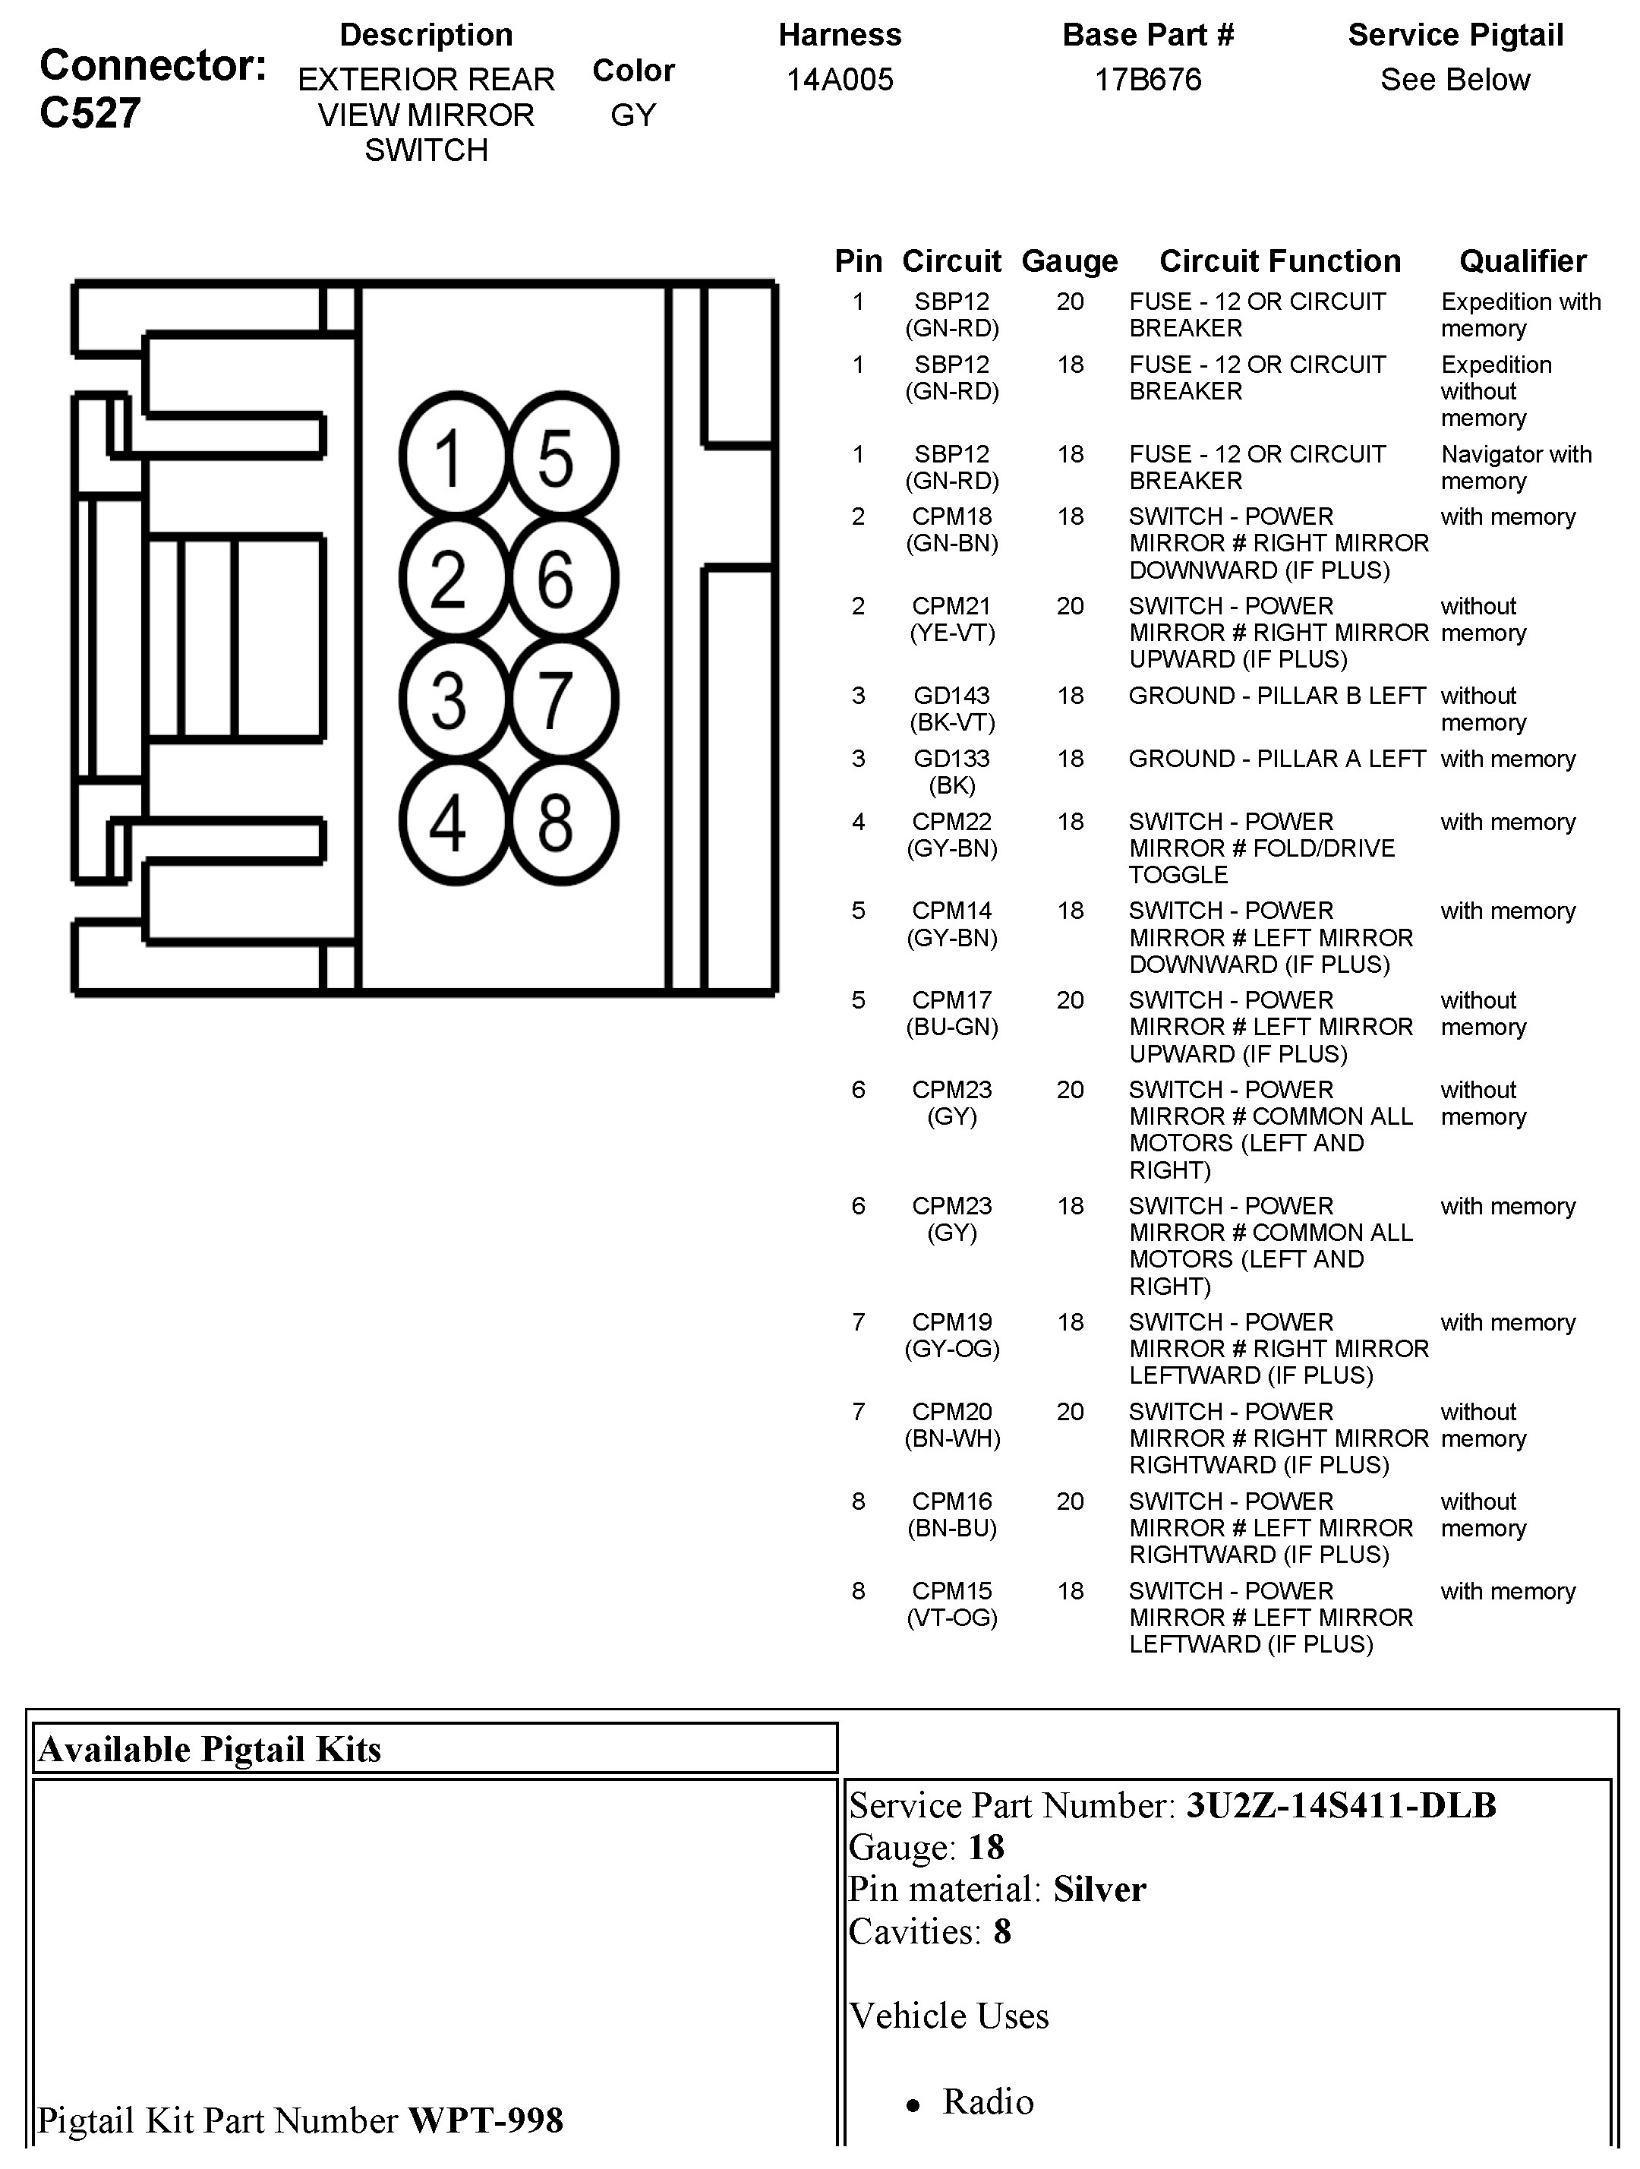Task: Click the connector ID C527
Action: pyautogui.click(x=90, y=114)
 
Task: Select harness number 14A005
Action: pyautogui.click(x=839, y=80)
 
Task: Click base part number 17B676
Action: pyautogui.click(x=1147, y=80)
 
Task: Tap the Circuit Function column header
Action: pyautogui.click(x=1279, y=260)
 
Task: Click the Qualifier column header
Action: pyautogui.click(x=1522, y=260)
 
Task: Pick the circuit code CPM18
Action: pyautogui.click(x=952, y=516)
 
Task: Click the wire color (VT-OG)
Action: pyautogui.click(x=952, y=1617)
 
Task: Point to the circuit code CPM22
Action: pyautogui.click(x=952, y=821)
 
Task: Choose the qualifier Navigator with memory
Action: pyautogui.click(x=1515, y=468)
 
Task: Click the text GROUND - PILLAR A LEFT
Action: pyautogui.click(x=1276, y=758)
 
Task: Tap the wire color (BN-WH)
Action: pyautogui.click(x=952, y=1438)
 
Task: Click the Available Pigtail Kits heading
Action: pyautogui.click(x=210, y=1749)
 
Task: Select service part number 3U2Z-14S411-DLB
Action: pyautogui.click(x=1340, y=1805)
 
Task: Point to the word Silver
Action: pyautogui.click(x=1099, y=1890)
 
